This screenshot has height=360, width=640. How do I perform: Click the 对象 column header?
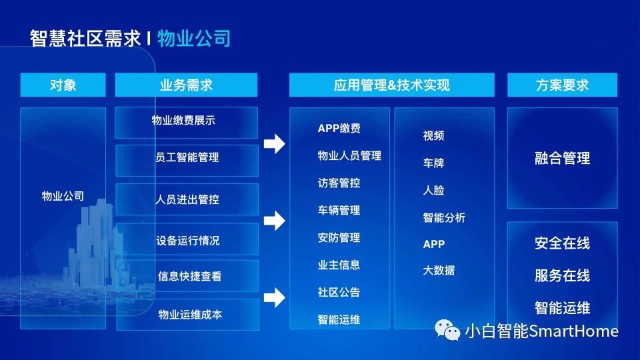63,85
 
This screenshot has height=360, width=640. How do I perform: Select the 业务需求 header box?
186,85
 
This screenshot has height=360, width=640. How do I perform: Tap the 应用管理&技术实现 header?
392,85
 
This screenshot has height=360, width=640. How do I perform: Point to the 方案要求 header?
562,85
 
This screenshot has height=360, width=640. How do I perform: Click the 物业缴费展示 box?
186,123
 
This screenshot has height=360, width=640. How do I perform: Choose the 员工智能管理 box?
187,161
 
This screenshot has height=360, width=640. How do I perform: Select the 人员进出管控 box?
187,199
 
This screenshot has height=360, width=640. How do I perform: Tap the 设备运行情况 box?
187,239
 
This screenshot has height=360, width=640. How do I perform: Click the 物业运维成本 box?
188,314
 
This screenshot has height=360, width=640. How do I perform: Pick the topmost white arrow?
274,144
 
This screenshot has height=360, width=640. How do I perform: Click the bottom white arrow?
274,297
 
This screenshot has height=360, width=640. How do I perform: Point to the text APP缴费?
339,128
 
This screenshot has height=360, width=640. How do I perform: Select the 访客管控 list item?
339,183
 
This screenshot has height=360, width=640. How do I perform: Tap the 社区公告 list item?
339,292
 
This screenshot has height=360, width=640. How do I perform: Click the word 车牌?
433,163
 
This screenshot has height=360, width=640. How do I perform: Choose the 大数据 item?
439,270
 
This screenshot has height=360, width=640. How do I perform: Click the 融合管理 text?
562,158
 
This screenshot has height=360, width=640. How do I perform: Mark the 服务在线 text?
562,275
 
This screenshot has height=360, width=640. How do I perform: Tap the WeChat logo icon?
447,330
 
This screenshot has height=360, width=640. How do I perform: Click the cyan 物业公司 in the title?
194,39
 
